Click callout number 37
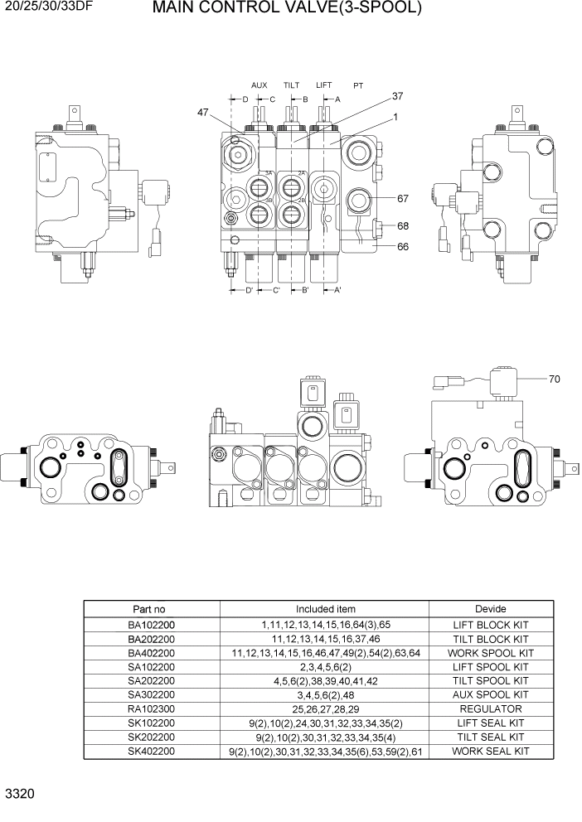397,96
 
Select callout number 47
203,113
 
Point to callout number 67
404,199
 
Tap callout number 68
404,225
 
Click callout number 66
404,246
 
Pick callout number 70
554,380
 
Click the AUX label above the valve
259,85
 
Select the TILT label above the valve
291,85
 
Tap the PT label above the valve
358,85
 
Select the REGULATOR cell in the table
491,709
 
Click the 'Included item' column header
325,609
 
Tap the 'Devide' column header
491,609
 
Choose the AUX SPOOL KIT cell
491,695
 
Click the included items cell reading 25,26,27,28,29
325,709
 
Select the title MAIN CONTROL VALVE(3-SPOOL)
288,9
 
